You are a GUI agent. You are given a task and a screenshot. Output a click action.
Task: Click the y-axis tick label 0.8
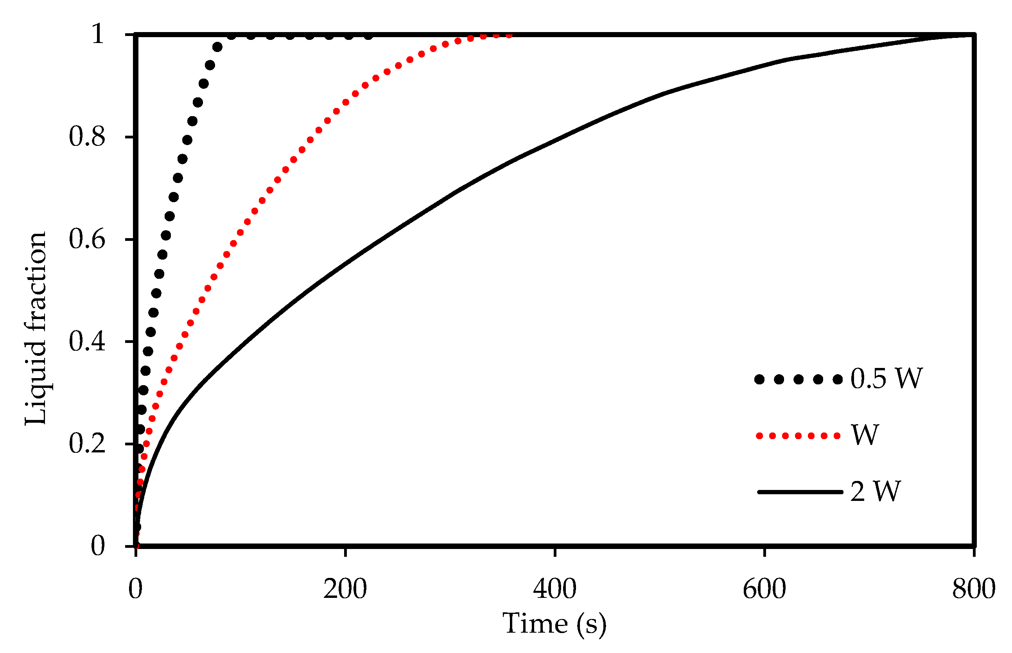point(86,137)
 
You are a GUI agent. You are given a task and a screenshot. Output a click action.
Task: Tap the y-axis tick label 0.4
point(86,341)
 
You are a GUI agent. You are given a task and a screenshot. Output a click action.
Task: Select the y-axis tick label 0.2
point(86,443)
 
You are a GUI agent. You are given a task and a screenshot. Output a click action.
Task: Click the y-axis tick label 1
point(97,34)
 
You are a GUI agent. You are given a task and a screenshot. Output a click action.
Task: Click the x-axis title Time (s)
point(554,624)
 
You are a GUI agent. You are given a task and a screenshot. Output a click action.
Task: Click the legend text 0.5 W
point(886,378)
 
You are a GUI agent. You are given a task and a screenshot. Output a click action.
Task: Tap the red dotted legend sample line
point(798,436)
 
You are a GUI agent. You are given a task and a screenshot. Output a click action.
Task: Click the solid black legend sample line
point(800,492)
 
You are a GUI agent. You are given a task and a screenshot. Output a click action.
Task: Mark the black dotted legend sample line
point(798,379)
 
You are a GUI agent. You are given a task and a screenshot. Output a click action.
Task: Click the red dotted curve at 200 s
point(346,102)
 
